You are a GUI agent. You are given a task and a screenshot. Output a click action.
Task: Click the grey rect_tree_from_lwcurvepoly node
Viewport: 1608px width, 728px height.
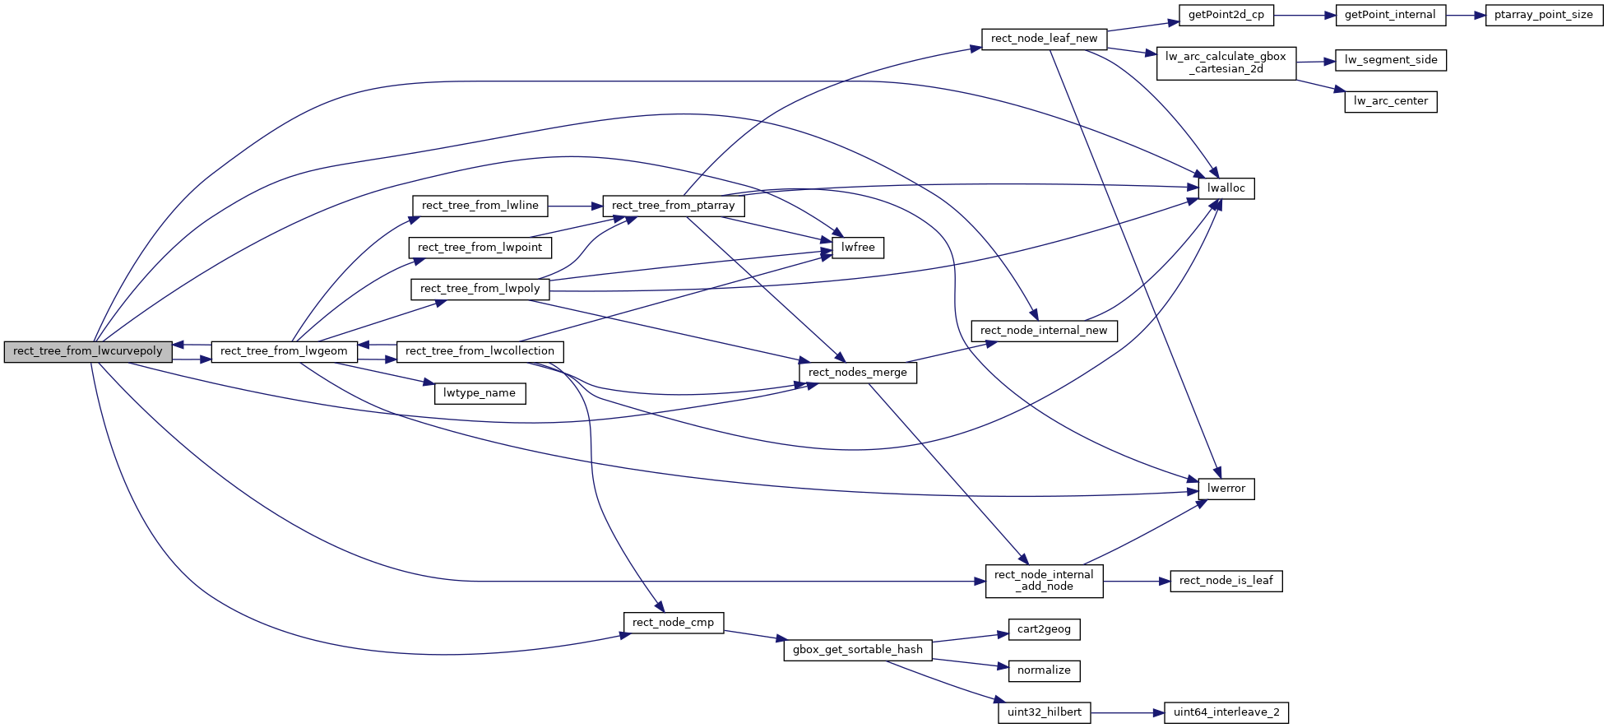88,351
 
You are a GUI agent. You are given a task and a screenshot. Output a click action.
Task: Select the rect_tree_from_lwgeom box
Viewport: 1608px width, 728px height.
284,351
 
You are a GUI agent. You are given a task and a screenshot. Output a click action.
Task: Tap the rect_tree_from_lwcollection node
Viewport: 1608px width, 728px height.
480,351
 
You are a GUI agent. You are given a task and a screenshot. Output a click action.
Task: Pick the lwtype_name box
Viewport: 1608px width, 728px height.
480,393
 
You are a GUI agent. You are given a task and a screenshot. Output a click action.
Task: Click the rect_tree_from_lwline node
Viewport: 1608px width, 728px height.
480,206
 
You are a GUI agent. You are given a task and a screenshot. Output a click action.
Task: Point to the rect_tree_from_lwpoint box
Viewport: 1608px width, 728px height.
480,248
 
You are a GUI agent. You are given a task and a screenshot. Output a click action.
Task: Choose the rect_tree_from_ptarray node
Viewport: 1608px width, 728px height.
674,206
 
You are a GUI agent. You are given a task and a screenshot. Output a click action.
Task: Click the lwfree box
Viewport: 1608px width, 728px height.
858,248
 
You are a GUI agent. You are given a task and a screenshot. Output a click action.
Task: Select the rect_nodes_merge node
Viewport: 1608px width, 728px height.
858,373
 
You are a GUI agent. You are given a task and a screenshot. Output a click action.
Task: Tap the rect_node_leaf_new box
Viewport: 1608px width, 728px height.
1045,39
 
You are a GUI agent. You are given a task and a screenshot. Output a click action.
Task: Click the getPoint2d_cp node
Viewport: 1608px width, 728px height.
1226,15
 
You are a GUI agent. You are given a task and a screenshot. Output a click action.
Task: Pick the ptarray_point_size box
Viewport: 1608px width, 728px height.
1544,15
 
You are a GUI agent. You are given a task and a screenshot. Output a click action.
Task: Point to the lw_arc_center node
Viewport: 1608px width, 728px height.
1391,101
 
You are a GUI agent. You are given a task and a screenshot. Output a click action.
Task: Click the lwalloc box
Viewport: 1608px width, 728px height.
1226,188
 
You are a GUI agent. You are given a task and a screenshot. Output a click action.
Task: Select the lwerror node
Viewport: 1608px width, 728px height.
1226,489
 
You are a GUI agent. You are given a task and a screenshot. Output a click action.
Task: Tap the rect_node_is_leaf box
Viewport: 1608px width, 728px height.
1226,581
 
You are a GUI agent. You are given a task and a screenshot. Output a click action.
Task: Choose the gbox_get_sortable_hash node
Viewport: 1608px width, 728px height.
858,650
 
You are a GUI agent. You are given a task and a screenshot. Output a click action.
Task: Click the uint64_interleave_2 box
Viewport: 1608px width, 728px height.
1226,712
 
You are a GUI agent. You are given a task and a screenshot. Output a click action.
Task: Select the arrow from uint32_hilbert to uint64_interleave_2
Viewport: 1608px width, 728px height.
1127,712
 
